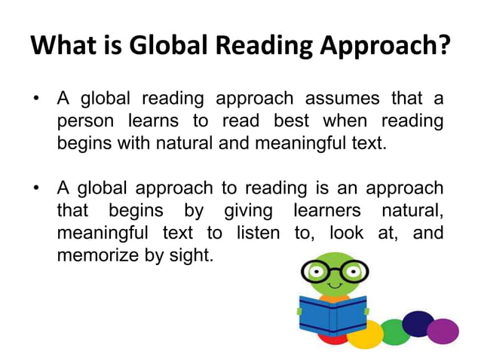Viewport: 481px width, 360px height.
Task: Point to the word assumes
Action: [x=343, y=99]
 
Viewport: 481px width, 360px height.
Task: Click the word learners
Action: [x=322, y=210]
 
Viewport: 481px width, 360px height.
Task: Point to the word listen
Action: [x=258, y=232]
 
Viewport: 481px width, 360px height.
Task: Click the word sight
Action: [x=193, y=255]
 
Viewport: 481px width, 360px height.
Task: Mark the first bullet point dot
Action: [x=37, y=99]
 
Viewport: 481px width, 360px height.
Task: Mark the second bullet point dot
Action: [x=37, y=188]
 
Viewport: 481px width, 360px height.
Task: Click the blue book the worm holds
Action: [x=332, y=313]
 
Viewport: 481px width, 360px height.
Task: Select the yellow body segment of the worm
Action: [x=365, y=334]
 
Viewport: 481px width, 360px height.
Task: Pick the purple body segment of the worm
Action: [x=443, y=330]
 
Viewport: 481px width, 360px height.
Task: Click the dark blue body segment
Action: [x=418, y=322]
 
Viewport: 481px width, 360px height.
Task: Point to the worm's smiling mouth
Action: [x=333, y=286]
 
